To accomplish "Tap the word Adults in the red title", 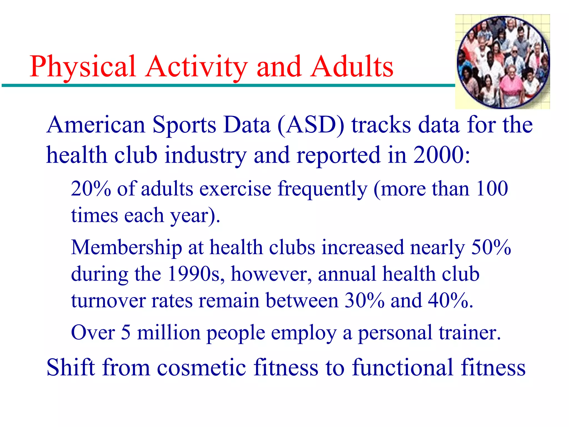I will [352, 67].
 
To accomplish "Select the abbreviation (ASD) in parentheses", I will [311, 125].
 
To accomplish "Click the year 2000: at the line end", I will [442, 155].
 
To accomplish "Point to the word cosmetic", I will [201, 368].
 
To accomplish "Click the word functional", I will [403, 368].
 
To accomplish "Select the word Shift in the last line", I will [71, 368].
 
